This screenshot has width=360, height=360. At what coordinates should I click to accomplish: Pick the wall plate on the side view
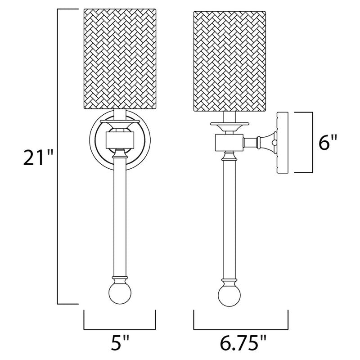pyautogui.click(x=282, y=143)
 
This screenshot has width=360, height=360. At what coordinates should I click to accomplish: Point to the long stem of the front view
pyautogui.click(x=119, y=216)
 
